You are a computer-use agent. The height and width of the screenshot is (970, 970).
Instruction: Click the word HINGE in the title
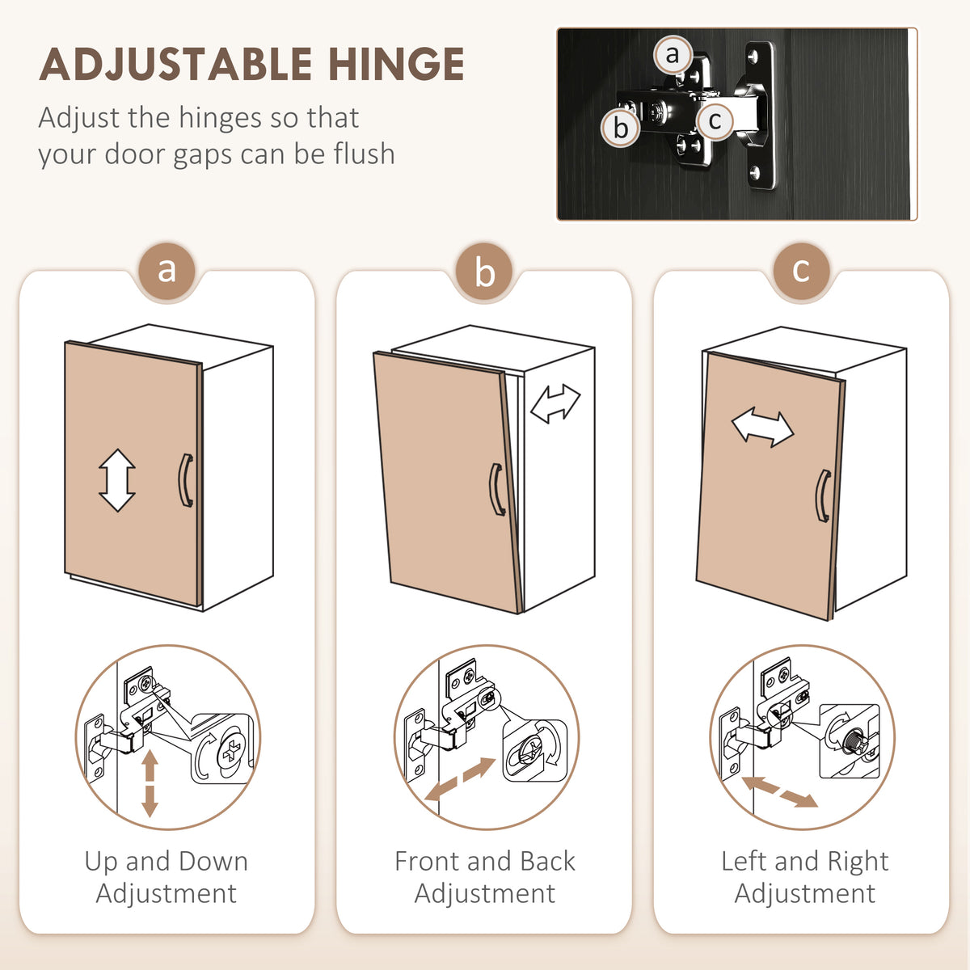(396, 64)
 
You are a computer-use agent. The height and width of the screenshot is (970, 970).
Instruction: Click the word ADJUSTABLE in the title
(175, 64)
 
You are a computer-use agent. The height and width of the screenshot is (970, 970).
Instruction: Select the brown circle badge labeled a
(167, 272)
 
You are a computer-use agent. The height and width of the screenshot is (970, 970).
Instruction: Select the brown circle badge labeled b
(484, 272)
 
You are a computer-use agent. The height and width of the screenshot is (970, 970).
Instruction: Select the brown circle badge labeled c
(801, 272)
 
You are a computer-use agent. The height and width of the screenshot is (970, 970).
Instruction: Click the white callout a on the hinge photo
(673, 54)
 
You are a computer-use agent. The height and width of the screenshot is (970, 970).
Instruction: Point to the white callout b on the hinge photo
(621, 128)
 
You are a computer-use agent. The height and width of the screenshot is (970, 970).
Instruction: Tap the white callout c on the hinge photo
(715, 120)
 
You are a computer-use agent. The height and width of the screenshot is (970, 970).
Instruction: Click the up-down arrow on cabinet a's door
(117, 479)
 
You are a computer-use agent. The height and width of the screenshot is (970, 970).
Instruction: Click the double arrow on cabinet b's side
(555, 403)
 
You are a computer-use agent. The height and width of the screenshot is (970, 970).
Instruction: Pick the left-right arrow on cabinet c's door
(762, 428)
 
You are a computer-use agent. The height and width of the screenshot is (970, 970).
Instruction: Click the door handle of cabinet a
(184, 481)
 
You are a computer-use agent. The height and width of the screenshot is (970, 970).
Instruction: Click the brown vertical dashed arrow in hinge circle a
(150, 783)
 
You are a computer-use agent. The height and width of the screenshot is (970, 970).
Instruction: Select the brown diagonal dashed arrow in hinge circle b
(461, 779)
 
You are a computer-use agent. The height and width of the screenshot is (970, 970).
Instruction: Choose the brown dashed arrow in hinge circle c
(780, 791)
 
